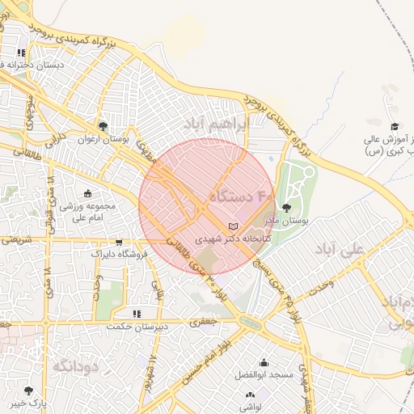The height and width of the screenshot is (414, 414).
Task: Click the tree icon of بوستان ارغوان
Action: pyautogui.click(x=103, y=126)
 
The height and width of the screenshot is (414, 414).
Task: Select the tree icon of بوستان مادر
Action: pyautogui.click(x=287, y=209)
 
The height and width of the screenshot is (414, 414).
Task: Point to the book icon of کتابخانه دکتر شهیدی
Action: pyautogui.click(x=234, y=226)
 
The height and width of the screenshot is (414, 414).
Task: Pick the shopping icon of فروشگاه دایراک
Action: pyautogui.click(x=120, y=242)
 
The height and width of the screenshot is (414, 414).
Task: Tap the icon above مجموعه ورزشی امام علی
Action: pyautogui.click(x=87, y=193)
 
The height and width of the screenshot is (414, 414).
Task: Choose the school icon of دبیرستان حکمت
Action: pyautogui.click(x=137, y=314)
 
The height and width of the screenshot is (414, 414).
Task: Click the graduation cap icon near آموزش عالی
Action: pyautogui.click(x=395, y=126)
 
